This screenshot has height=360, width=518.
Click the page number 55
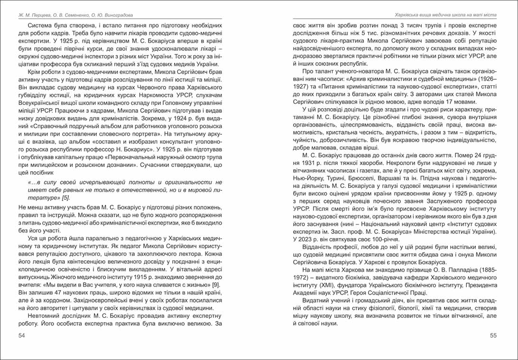click(x=493, y=336)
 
